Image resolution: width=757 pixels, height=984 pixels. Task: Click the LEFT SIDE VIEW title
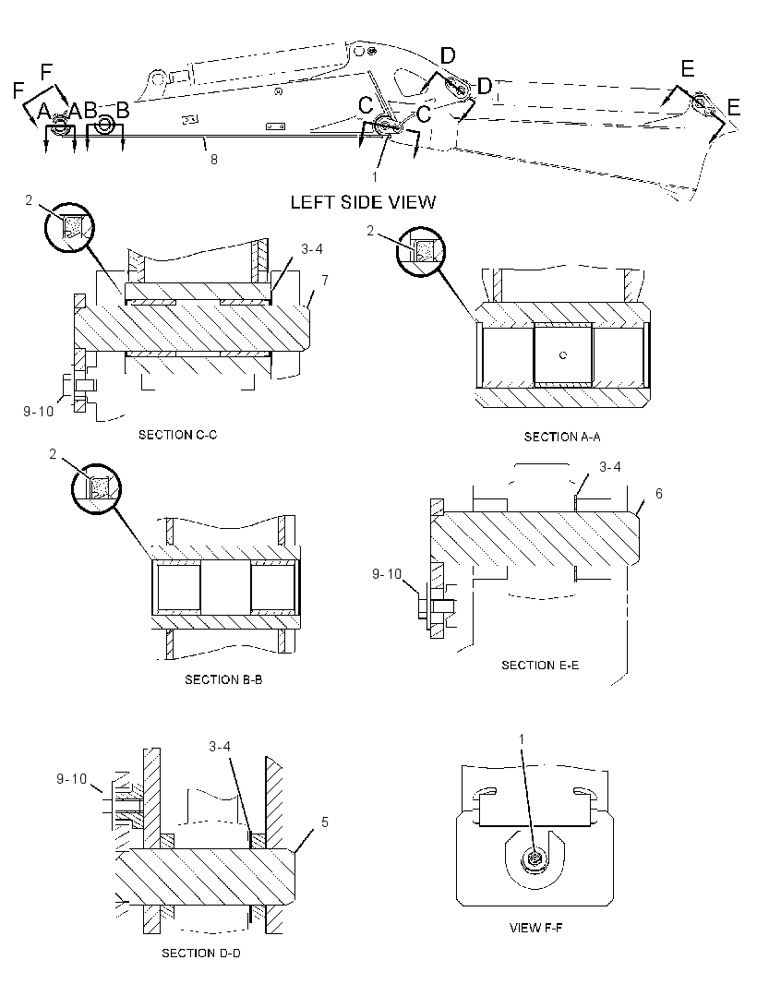[363, 202]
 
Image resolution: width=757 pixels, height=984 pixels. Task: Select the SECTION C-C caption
[177, 434]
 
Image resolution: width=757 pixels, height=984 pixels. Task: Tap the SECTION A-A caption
[562, 437]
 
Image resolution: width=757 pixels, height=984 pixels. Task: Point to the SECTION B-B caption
[223, 679]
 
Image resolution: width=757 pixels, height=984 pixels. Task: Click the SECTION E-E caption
[540, 666]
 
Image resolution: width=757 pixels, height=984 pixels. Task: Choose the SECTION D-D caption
[201, 954]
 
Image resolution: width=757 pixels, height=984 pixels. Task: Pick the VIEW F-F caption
[535, 928]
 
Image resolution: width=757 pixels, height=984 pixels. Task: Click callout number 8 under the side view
[214, 160]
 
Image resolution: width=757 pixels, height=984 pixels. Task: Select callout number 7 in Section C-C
[325, 281]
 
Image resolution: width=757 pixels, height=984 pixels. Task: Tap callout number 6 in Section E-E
[658, 494]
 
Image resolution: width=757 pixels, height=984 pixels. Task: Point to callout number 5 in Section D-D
[325, 822]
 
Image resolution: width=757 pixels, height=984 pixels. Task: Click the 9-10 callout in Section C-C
[38, 412]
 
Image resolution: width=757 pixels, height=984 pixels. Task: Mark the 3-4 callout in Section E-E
[610, 467]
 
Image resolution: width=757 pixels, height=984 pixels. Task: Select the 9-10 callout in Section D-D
[72, 779]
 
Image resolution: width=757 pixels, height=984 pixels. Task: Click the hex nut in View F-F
[535, 858]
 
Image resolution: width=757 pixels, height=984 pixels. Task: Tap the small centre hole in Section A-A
[563, 355]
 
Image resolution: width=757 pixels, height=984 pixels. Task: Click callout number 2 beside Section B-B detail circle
[53, 454]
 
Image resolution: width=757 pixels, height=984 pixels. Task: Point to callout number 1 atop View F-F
[522, 740]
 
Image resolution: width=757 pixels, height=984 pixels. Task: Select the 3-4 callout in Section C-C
[312, 249]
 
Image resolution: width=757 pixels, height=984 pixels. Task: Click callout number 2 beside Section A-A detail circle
[370, 231]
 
